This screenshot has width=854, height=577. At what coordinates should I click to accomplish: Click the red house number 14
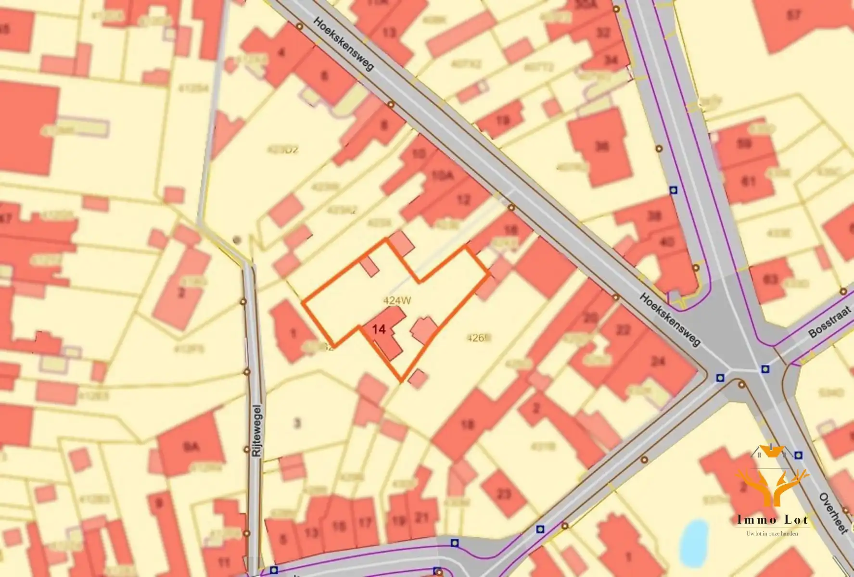[x=379, y=330]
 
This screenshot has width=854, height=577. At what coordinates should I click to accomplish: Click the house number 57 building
[x=794, y=15]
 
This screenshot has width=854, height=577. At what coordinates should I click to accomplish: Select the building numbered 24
[x=657, y=361]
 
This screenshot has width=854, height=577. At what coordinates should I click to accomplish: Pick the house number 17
[x=365, y=522]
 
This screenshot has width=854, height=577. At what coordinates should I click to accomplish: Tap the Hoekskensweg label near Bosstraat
[x=671, y=319]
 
